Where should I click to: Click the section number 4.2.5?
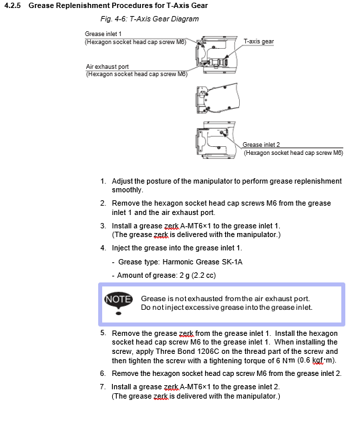12,5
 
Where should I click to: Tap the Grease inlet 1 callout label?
103,34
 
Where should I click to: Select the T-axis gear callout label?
258,41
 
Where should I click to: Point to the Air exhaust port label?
107,67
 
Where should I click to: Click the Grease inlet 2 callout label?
261,144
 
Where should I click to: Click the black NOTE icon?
118,302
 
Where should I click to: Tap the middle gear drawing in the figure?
218,98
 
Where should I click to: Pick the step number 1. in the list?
103,181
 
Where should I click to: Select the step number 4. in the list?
103,248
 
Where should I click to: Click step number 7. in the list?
103,387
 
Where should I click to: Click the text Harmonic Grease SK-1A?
202,262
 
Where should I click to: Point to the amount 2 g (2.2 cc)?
198,275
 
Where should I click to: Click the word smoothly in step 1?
128,190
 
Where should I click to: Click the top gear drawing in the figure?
216,55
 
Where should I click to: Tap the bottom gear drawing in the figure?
216,140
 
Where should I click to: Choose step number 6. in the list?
103,373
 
